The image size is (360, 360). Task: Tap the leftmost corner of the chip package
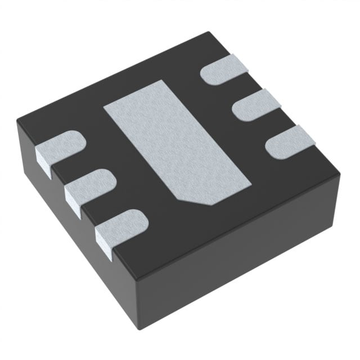(17, 119)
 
